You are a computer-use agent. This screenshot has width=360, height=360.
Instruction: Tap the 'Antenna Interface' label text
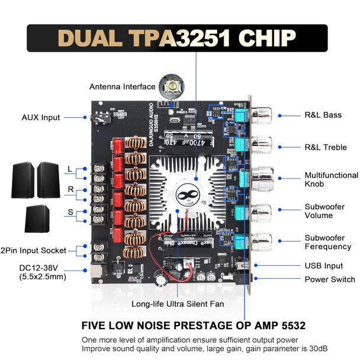coord(123,86)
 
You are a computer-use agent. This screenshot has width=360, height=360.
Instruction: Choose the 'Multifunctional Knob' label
coord(331,180)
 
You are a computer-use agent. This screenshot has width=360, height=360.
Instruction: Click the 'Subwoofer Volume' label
coord(326,211)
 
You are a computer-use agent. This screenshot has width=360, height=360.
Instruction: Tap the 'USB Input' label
coord(324,266)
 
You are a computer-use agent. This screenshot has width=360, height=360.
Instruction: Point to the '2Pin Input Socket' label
coord(33,250)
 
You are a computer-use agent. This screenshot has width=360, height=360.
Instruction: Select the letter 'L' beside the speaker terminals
coord(70,170)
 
